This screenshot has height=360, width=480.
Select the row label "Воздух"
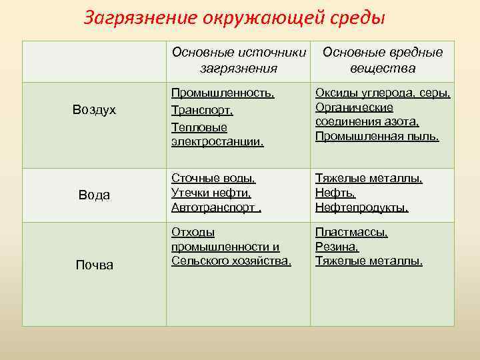(x=95, y=110)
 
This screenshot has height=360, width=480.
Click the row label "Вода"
(x=95, y=195)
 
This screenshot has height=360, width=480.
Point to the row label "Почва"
(x=95, y=265)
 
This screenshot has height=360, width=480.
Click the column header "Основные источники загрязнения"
(x=238, y=60)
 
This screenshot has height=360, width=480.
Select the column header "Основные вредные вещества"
(x=382, y=60)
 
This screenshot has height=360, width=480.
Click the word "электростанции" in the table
(x=217, y=141)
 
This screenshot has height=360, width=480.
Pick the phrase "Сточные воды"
(x=213, y=179)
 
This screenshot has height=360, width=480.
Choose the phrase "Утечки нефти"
(x=211, y=193)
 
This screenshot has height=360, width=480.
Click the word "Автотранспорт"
(x=213, y=208)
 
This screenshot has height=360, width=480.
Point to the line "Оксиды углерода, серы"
(x=383, y=94)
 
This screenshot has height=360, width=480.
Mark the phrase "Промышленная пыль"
(x=377, y=137)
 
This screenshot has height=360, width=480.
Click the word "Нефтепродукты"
(x=361, y=208)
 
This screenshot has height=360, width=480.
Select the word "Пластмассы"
(x=351, y=233)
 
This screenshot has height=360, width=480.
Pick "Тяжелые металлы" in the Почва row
(x=368, y=261)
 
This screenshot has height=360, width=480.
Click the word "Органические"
(x=354, y=108)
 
